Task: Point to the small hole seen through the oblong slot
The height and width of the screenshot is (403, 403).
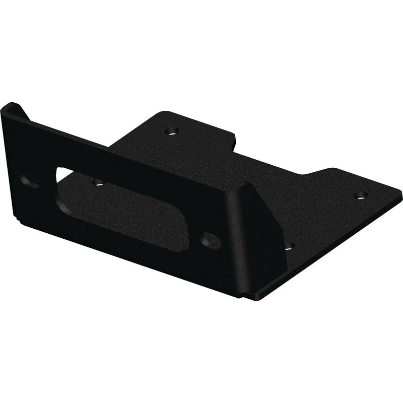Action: (x=98, y=181)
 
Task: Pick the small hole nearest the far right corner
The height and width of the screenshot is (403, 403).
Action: (x=360, y=195)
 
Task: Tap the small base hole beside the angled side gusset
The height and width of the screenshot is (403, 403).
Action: (x=289, y=246)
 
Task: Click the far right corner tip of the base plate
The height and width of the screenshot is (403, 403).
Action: (x=400, y=190)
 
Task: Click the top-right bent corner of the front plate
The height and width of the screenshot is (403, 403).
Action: (x=242, y=185)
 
